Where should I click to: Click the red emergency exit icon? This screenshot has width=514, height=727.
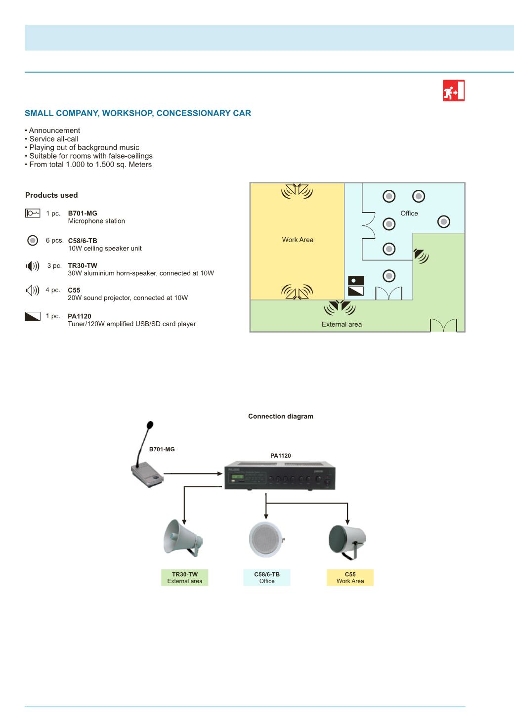click(x=454, y=90)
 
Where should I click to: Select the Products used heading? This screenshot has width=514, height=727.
click(x=51, y=195)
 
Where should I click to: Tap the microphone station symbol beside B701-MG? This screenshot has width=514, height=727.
click(x=33, y=213)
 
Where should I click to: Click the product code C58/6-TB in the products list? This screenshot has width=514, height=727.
click(x=83, y=241)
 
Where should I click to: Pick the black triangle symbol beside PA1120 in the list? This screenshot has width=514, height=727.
click(x=33, y=316)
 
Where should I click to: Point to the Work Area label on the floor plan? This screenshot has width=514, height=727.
click(x=298, y=240)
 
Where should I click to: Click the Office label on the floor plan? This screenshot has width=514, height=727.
click(x=409, y=213)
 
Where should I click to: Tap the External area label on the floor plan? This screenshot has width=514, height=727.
click(x=342, y=324)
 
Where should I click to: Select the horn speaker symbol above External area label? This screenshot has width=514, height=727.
click(x=340, y=307)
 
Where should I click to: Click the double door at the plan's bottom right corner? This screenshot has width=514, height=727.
click(x=444, y=325)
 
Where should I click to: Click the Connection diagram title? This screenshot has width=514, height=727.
click(x=281, y=416)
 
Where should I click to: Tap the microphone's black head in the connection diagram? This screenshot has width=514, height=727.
click(x=150, y=425)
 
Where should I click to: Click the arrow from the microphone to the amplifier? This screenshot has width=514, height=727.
click(x=193, y=473)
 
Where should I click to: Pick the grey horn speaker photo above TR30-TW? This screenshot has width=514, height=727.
click(x=183, y=538)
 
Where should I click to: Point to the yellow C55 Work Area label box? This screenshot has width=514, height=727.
click(x=350, y=577)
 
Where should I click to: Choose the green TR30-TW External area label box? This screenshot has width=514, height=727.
click(x=185, y=577)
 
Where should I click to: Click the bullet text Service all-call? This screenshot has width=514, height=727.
click(x=54, y=139)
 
